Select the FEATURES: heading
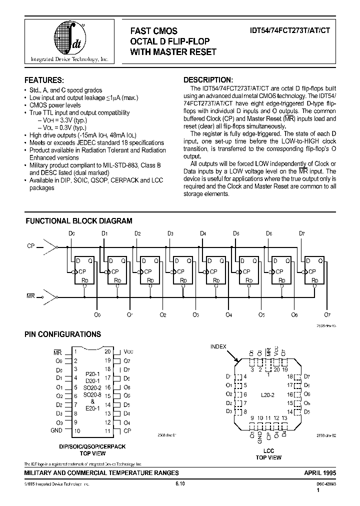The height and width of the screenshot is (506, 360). [44, 80]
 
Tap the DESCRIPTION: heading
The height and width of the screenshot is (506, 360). [208, 80]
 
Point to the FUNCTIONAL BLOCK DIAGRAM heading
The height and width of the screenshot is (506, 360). [79, 220]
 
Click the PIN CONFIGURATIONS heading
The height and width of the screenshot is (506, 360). [62, 334]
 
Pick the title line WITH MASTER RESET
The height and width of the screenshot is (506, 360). [173, 51]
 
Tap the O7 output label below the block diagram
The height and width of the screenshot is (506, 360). [327, 314]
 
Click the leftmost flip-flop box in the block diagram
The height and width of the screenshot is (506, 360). [84, 270]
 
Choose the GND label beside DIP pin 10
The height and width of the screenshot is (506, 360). [56, 430]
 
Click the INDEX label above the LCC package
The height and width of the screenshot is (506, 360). [218, 346]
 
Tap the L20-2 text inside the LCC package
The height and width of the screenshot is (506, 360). [268, 394]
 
